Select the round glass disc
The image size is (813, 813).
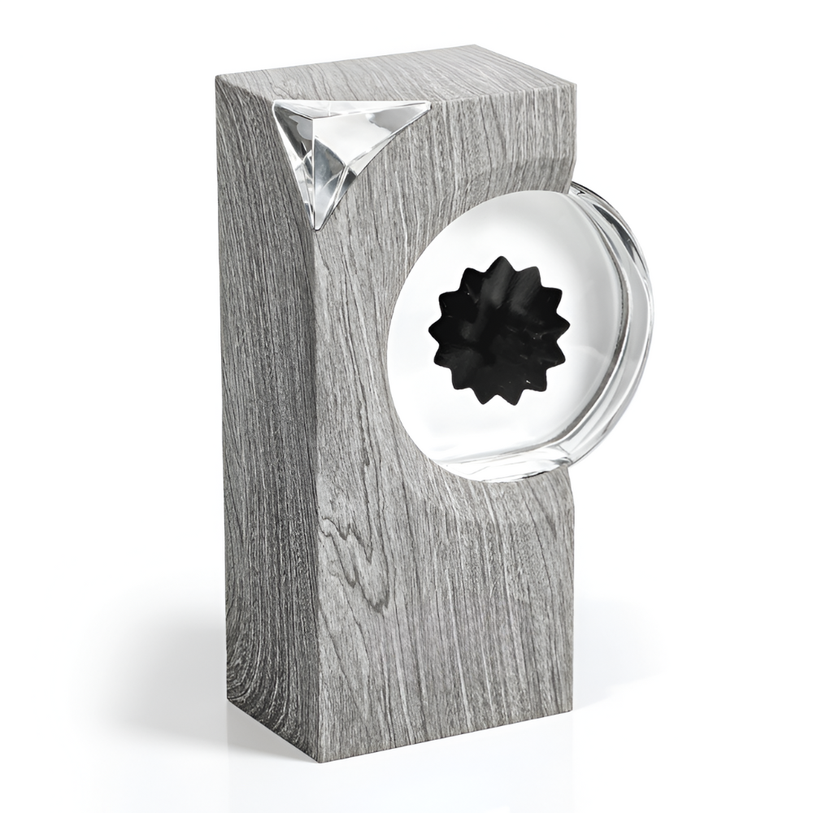(520, 333)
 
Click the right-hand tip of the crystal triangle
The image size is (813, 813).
(428, 103)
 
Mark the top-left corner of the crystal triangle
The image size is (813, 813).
(275, 102)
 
